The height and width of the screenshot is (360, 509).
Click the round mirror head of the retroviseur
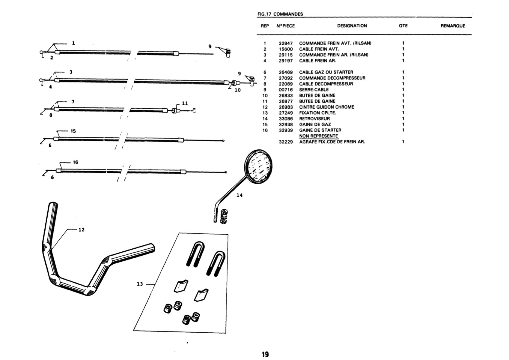point(258,166)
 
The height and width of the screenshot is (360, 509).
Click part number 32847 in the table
point(286,43)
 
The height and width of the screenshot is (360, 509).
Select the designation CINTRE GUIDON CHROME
point(326,107)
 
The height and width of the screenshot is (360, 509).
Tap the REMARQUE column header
point(453,26)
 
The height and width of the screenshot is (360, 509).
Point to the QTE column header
point(403,26)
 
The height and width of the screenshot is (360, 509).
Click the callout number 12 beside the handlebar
point(81,230)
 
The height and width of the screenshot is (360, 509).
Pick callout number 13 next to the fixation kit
point(140,284)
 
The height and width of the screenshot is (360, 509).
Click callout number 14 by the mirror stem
point(240,195)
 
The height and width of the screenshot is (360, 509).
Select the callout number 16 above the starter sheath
point(76,162)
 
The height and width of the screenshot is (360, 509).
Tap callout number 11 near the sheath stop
point(185,103)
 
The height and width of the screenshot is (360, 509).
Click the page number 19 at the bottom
point(265,354)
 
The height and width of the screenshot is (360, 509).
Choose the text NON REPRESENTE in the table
point(318,136)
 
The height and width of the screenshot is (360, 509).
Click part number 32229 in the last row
point(286,142)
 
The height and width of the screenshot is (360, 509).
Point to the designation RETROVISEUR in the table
point(314,119)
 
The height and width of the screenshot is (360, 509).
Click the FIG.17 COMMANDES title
point(280,14)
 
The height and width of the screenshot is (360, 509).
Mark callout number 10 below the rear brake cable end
point(237,90)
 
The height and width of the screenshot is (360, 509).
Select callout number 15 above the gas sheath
point(73,131)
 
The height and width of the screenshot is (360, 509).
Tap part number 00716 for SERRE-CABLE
point(286,90)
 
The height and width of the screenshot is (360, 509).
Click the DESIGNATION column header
point(352,26)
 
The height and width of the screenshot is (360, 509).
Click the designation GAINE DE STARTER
point(320,130)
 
